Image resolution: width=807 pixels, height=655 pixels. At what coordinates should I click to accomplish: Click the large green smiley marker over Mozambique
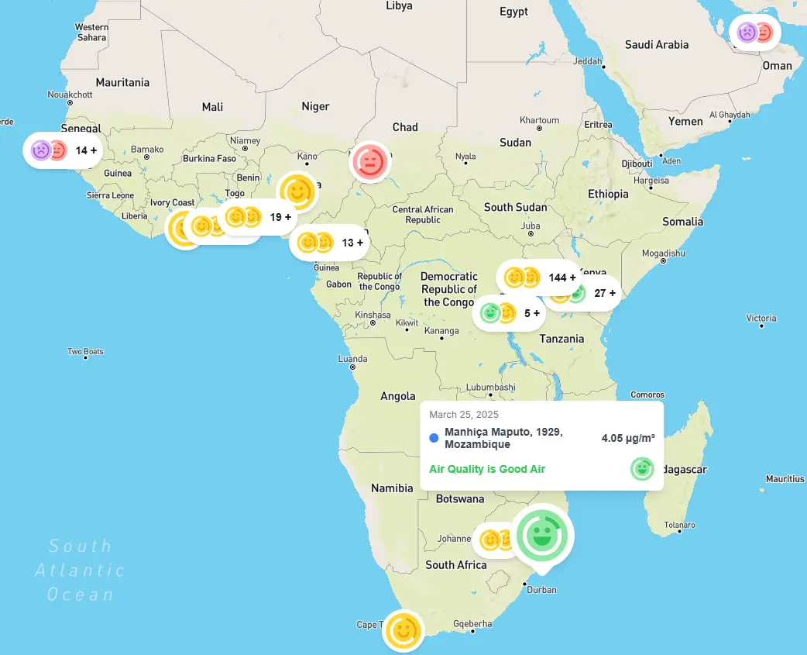pos(542,535)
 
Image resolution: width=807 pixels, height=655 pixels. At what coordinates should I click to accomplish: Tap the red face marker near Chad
pos(370,163)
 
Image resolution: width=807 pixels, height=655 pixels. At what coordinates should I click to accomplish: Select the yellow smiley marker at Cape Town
pos(403,630)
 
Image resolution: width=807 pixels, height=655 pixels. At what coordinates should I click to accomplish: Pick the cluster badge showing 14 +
pos(66,150)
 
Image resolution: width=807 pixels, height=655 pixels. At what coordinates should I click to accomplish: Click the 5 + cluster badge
pos(511,313)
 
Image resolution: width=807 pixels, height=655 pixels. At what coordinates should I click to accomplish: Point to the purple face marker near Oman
pos(747,33)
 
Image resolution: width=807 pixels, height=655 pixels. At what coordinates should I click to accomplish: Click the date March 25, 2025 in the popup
pos(464,415)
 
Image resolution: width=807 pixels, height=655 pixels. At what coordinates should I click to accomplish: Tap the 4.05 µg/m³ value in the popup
pos(627,438)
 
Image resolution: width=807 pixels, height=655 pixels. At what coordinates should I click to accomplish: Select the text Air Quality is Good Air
pos(487,469)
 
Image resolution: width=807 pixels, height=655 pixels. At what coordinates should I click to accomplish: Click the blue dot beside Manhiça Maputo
pos(434,438)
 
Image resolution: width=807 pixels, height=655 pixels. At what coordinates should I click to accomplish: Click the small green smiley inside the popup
pos(641,469)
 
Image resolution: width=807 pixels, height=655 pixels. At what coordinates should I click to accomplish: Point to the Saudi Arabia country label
pos(656,45)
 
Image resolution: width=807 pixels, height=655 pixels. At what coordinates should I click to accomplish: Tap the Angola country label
pos(397,396)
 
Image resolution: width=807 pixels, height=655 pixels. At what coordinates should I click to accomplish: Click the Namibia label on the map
pos(392,488)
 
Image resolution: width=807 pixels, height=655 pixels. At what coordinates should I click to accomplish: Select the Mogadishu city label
pos(663,253)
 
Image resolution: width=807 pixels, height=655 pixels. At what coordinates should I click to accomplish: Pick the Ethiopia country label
pos(608,194)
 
